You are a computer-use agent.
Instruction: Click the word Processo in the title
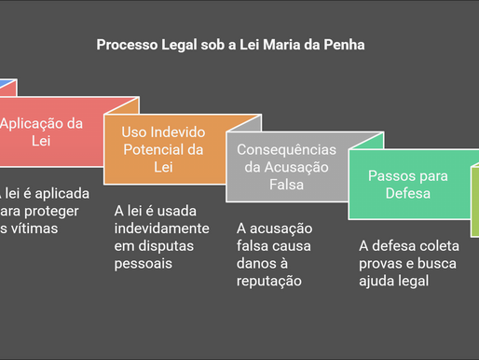point(128,44)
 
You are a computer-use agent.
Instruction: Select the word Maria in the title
point(285,44)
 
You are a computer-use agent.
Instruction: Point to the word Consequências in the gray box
point(287,151)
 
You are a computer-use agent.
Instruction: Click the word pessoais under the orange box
point(144,263)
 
